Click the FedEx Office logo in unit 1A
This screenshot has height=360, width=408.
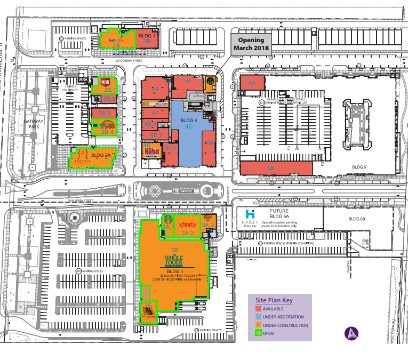click(x=116, y=40)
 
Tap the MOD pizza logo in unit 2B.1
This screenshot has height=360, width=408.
click(x=105, y=82)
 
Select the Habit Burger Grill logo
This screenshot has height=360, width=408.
click(x=153, y=151)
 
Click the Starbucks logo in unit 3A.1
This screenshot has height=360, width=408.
click(x=166, y=220)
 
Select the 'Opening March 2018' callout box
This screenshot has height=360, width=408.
click(x=251, y=44)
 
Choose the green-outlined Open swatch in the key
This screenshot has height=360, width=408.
click(x=258, y=333)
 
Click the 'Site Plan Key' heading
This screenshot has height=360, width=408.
click(x=274, y=301)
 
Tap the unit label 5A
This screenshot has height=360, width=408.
click(x=253, y=83)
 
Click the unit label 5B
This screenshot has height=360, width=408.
click(x=270, y=168)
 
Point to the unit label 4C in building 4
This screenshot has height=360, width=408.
click(x=188, y=127)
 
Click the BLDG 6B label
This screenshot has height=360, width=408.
click(x=357, y=219)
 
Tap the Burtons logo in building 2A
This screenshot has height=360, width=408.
click(x=80, y=156)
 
